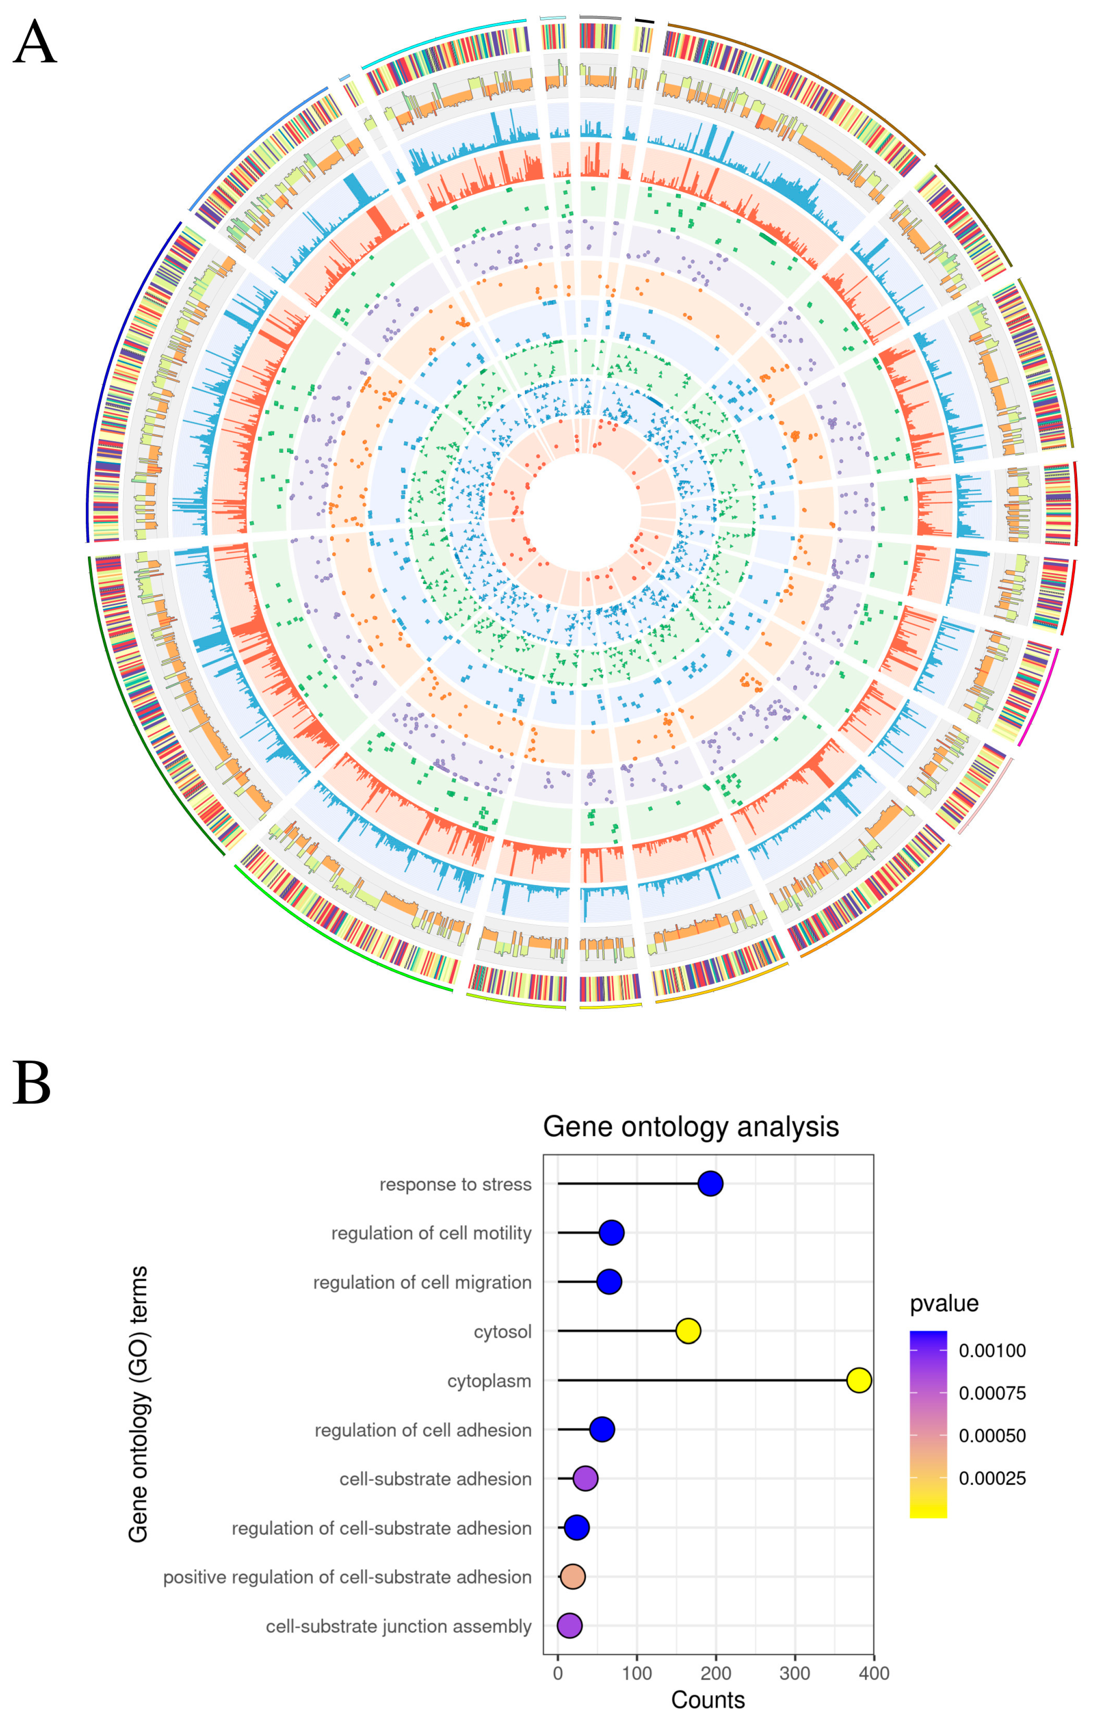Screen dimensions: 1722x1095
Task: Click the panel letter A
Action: click(34, 43)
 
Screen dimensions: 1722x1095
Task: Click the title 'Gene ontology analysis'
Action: click(690, 1126)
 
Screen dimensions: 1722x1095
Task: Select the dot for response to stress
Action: click(710, 1184)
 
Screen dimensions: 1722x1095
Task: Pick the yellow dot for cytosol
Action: click(687, 1331)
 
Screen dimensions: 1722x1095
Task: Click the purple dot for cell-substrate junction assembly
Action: click(569, 1625)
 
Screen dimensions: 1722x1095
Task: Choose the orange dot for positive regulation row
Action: click(572, 1576)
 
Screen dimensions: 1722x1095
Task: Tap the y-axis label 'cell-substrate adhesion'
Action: click(435, 1479)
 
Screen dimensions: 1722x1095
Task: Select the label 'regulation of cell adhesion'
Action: click(423, 1429)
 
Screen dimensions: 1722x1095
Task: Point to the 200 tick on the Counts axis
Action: click(715, 1673)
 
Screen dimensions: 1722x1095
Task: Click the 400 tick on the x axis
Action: click(873, 1673)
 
